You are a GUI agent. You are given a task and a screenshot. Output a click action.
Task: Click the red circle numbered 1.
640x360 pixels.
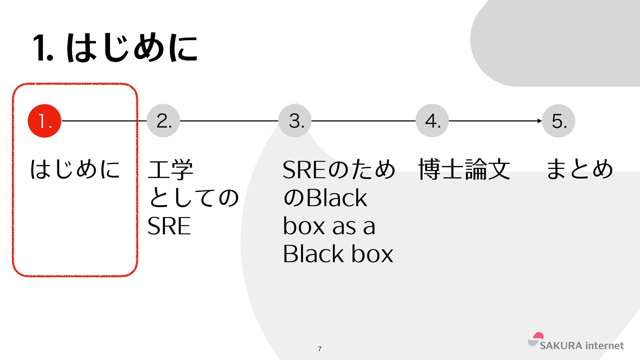[44, 121]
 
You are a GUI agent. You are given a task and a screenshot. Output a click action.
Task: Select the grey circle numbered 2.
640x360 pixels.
[163, 121]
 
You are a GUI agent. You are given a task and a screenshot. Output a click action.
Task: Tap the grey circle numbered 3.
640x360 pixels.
[295, 121]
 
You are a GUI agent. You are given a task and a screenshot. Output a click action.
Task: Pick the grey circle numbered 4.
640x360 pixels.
[432, 121]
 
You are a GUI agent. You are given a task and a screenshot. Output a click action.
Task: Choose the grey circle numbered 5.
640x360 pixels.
[559, 121]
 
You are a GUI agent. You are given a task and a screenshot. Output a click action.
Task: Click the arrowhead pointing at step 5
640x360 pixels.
[540, 121]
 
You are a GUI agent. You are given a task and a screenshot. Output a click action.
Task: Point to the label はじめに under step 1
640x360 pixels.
[75, 169]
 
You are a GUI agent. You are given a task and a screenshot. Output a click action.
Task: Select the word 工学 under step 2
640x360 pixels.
[170, 170]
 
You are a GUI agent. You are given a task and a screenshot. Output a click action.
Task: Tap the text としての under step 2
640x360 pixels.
[193, 198]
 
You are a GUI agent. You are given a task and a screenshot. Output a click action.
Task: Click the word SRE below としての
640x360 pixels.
[169, 226]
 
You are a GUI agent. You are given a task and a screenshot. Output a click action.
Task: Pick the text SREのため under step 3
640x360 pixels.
[339, 170]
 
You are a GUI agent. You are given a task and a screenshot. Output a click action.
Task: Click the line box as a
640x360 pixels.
[329, 226]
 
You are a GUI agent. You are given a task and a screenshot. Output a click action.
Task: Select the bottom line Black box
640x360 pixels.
[338, 254]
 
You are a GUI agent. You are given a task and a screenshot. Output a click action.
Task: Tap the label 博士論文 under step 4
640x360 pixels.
[464, 170]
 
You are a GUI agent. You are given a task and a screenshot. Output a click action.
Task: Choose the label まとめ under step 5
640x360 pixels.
[580, 169]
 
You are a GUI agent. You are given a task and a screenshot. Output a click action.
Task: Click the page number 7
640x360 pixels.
[320, 349]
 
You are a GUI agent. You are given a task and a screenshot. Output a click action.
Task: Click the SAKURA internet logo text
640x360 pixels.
[582, 346]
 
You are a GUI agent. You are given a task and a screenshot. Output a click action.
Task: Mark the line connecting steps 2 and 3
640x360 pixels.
[229, 121]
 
